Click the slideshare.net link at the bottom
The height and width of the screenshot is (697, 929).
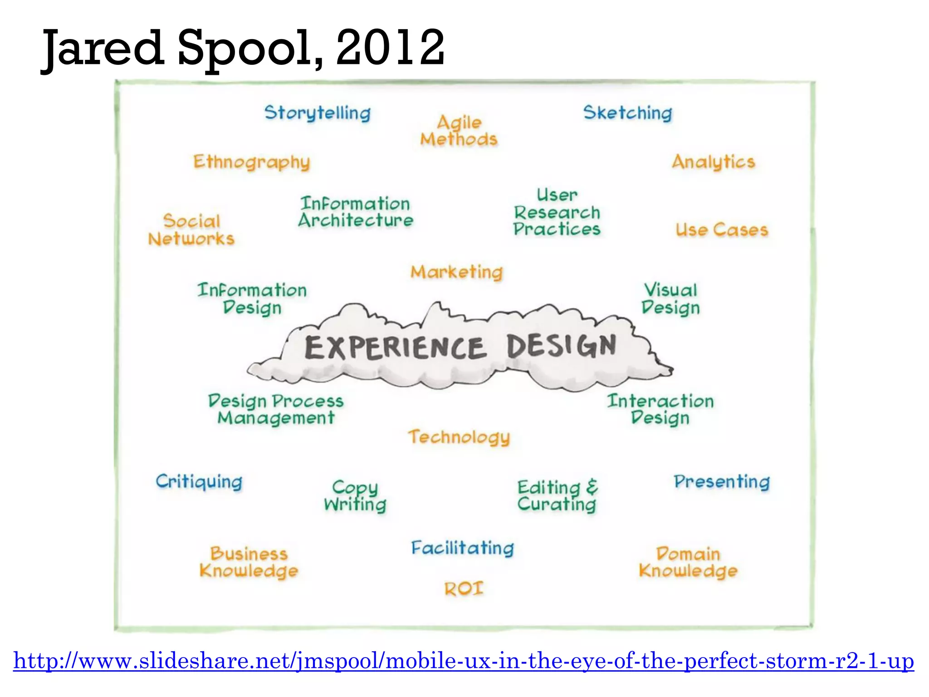[464, 661]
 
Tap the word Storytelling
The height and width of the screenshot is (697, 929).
[318, 113]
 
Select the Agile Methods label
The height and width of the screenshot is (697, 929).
[459, 131]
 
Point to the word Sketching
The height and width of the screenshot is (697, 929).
[628, 113]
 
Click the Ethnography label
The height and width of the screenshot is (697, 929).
[252, 162]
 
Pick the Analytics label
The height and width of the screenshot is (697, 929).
[714, 162]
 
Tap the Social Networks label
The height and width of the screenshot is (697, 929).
[191, 230]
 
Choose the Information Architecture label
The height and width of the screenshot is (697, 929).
[356, 212]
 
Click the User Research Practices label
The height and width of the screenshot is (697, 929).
[557, 212]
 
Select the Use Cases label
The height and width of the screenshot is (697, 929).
[722, 230]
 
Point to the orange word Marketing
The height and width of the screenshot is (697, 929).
[457, 272]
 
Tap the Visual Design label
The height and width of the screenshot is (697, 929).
[670, 299]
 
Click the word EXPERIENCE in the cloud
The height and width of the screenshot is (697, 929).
[395, 348]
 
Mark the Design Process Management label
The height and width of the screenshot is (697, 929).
[276, 409]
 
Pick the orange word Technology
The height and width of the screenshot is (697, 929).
[459, 437]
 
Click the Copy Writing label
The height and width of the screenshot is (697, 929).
[355, 496]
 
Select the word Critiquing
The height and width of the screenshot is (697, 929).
[199, 482]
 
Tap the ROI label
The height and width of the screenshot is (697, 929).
[464, 589]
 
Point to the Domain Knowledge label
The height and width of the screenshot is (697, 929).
[688, 563]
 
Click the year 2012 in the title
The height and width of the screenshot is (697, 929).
[390, 48]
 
